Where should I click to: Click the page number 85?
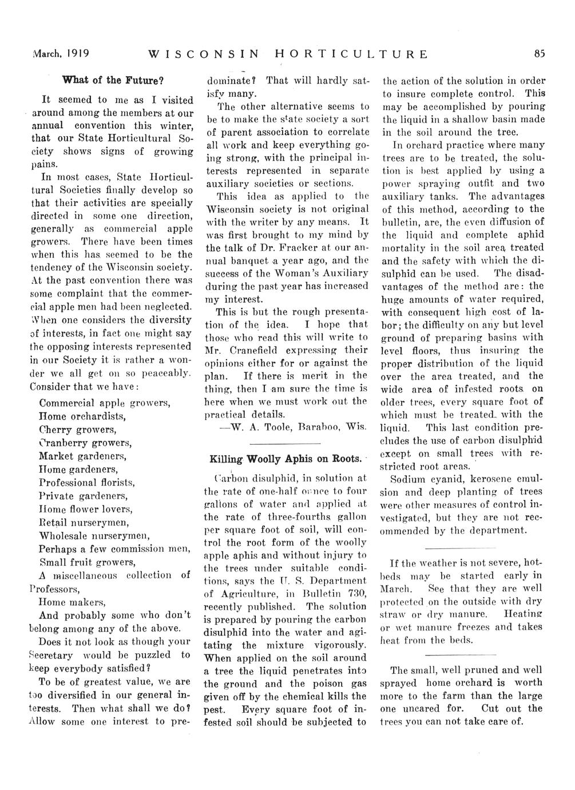[x=539, y=54]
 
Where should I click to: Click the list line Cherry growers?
[x=78, y=429]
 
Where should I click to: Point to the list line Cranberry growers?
[x=85, y=443]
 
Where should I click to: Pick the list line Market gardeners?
[x=82, y=456]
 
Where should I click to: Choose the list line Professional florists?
[x=86, y=483]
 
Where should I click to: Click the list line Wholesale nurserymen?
[x=94, y=536]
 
